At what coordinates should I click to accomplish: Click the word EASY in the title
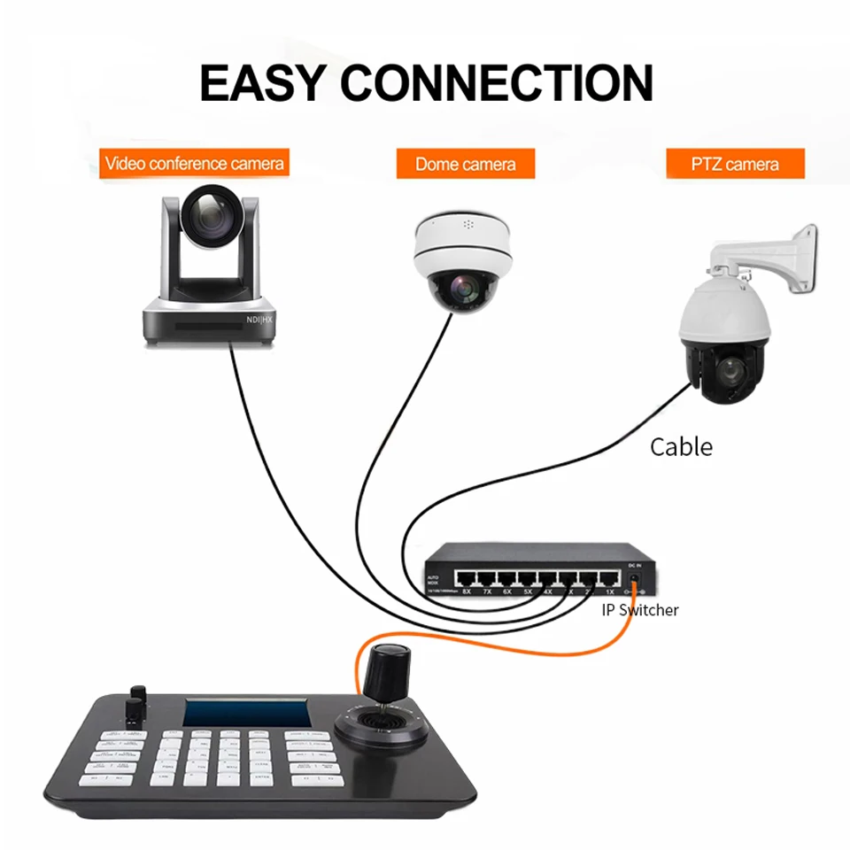[x=263, y=82]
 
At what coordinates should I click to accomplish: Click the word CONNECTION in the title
[x=497, y=82]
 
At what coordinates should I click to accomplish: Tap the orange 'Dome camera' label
[x=466, y=164]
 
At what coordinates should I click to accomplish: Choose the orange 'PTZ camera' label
[x=735, y=164]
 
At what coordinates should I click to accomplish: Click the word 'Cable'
[x=681, y=446]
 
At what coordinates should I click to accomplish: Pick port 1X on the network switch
[x=609, y=579]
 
